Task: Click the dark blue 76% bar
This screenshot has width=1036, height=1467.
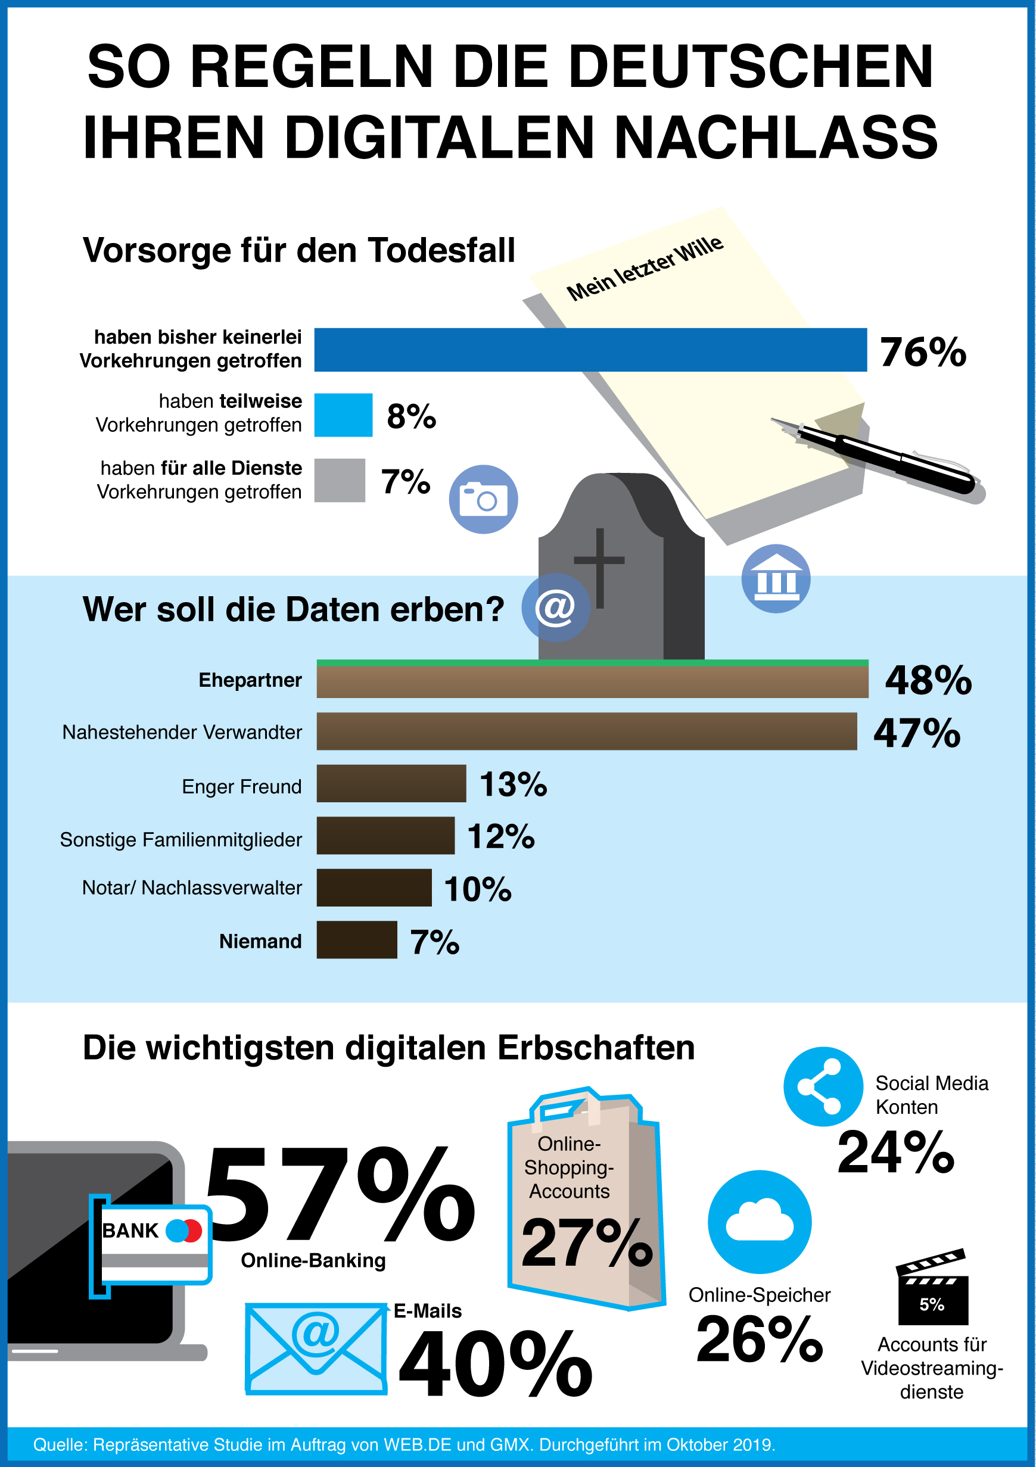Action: point(590,350)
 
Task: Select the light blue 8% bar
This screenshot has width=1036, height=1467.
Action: point(343,415)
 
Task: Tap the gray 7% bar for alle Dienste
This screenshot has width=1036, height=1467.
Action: point(340,480)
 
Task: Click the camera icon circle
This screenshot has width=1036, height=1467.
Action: point(483,499)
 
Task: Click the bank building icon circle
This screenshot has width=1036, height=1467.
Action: point(775,578)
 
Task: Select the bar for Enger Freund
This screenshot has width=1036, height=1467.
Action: point(391,783)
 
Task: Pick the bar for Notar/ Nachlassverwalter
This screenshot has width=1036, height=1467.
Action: point(374,887)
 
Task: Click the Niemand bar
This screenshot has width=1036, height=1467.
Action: point(357,939)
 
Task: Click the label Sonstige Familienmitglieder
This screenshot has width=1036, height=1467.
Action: point(181,840)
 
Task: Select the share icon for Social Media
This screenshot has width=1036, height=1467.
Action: point(823,1086)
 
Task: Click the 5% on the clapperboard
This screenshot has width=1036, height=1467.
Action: point(932,1304)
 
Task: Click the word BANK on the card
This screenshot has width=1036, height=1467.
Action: point(130,1231)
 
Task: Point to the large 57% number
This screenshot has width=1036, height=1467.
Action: point(339,1194)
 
